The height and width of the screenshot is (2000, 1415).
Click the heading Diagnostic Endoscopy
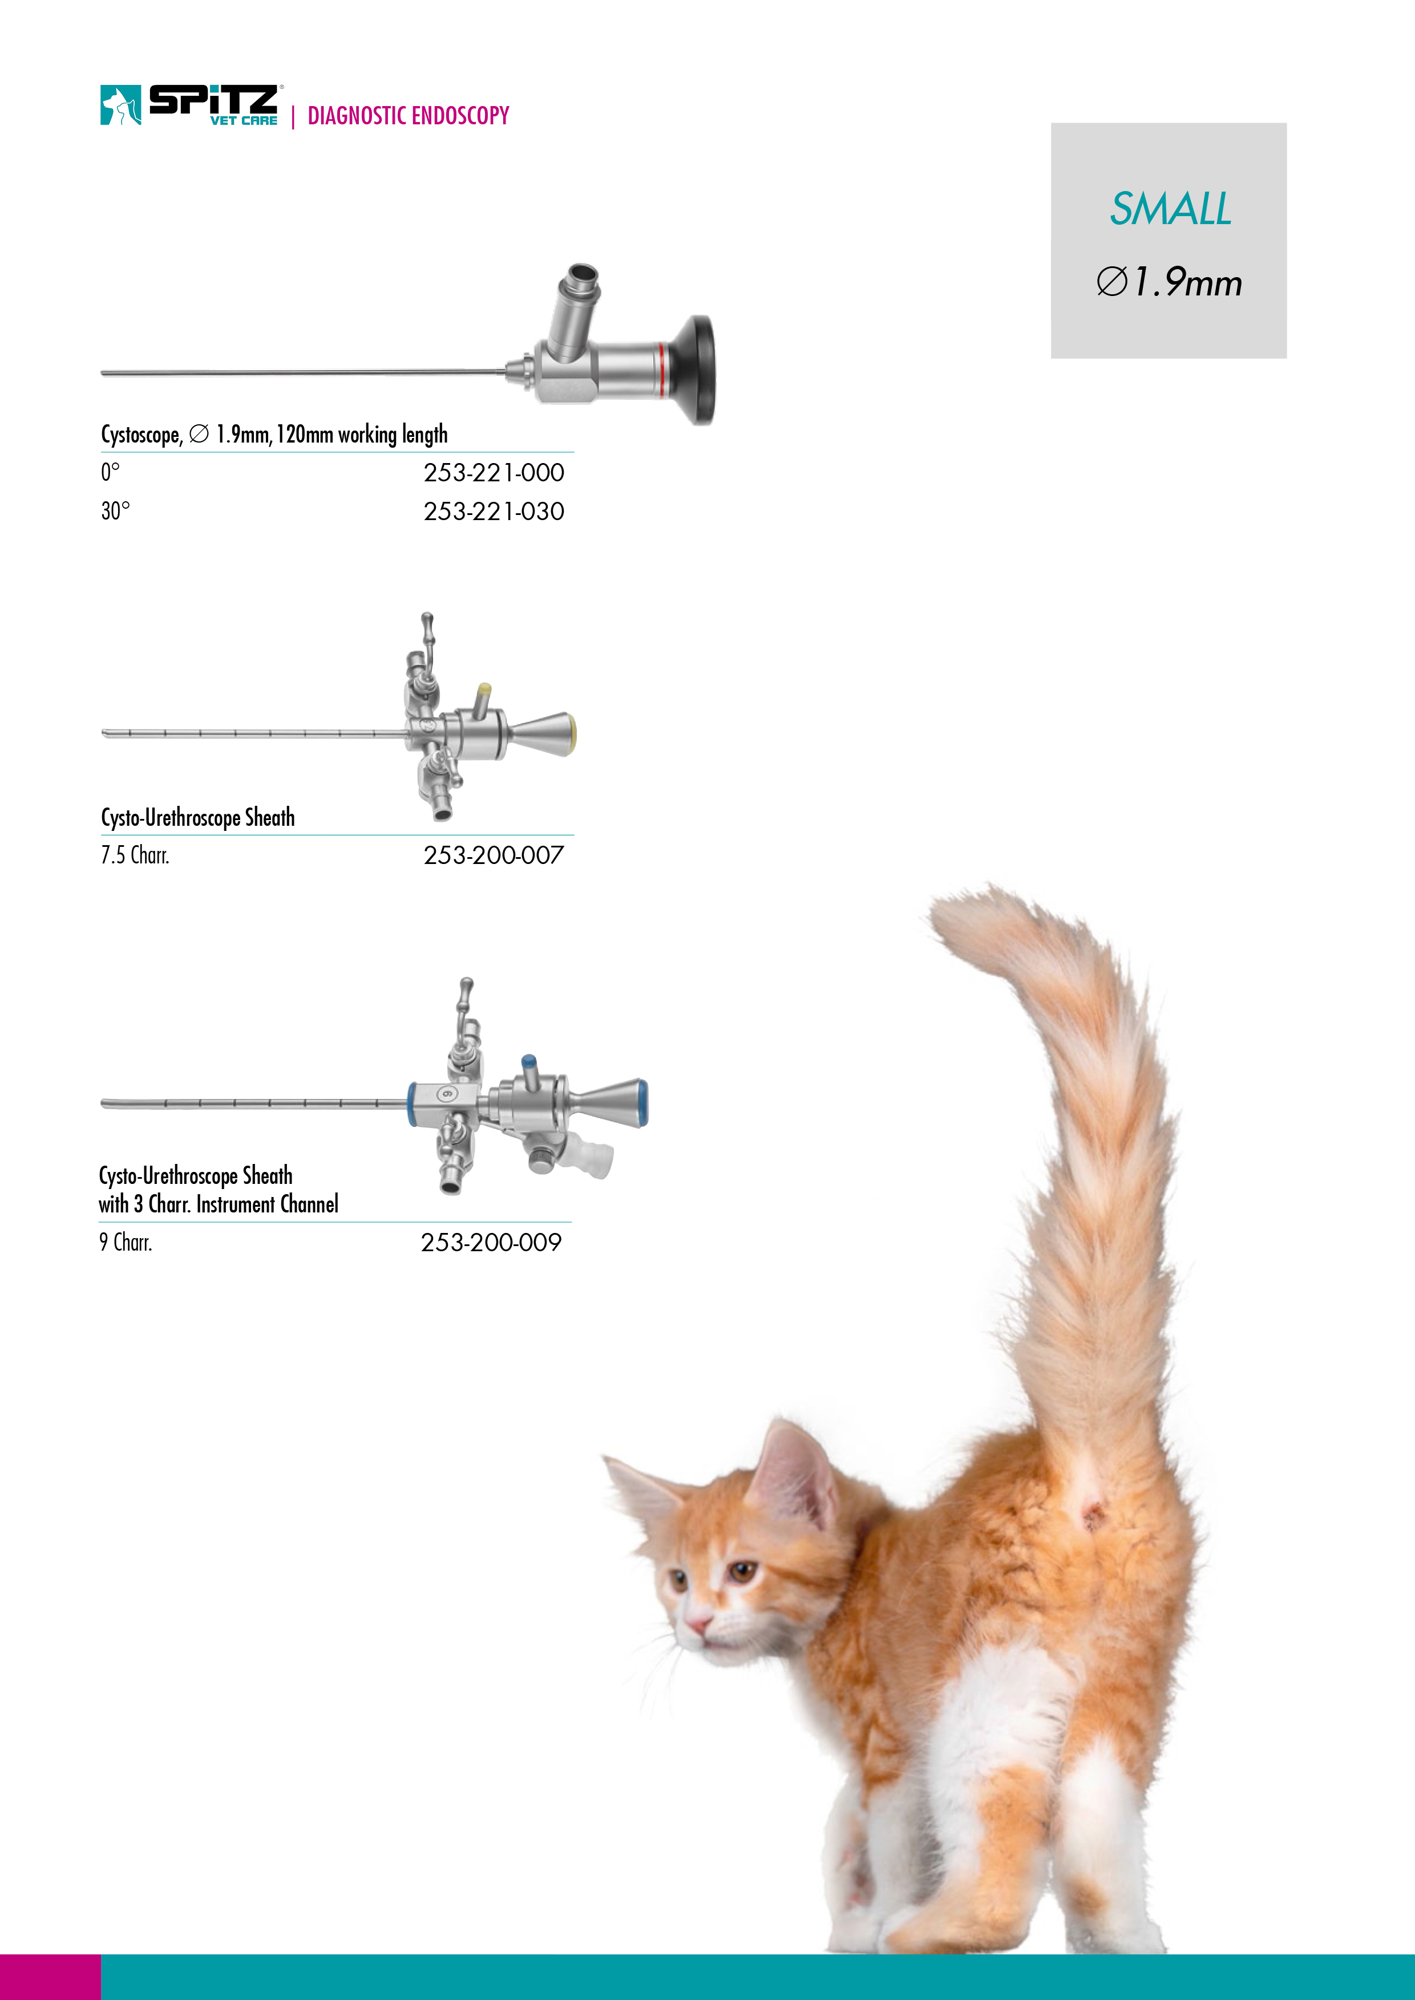click(x=408, y=116)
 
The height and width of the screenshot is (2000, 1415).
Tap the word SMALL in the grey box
click(x=1170, y=209)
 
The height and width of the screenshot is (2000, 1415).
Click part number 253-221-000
click(x=494, y=473)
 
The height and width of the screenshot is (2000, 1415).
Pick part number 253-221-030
click(x=494, y=512)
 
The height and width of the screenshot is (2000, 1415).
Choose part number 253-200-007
click(x=494, y=855)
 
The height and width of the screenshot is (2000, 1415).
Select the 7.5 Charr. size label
click(x=135, y=855)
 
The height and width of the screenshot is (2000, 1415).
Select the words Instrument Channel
click(x=268, y=1204)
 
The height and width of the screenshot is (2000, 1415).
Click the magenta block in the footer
click(x=51, y=1977)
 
